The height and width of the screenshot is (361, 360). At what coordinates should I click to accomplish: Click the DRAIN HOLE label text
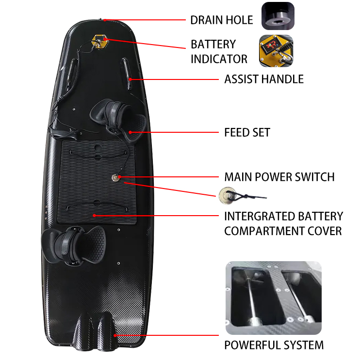pyautogui.click(x=222, y=20)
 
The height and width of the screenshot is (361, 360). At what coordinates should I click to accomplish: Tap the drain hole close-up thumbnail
pyautogui.click(x=278, y=16)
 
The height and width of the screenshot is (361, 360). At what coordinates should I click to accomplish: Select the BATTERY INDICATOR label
pyautogui.click(x=219, y=51)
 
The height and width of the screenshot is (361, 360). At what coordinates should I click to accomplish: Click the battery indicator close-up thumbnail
pyautogui.click(x=276, y=51)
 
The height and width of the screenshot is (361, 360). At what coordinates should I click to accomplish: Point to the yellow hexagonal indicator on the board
pyautogui.click(x=100, y=42)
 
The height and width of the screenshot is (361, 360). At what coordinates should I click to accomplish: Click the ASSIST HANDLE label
pyautogui.click(x=264, y=79)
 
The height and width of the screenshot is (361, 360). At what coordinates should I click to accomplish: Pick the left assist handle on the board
pyautogui.click(x=71, y=74)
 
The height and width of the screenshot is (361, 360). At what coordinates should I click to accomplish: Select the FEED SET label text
pyautogui.click(x=247, y=133)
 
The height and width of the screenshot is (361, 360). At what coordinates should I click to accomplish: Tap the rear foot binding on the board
pyautogui.click(x=74, y=245)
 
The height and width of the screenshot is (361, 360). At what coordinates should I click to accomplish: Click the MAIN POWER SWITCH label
pyautogui.click(x=279, y=177)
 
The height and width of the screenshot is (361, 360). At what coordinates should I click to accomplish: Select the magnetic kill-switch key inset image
pyautogui.click(x=243, y=196)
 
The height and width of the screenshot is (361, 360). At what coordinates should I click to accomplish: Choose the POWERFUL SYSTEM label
pyautogui.click(x=274, y=345)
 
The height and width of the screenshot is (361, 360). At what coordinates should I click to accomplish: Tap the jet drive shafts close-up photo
pyautogui.click(x=273, y=298)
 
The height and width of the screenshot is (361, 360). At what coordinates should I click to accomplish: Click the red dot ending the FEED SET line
pyautogui.click(x=130, y=132)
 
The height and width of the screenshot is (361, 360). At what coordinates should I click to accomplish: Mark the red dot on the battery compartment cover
pyautogui.click(x=94, y=216)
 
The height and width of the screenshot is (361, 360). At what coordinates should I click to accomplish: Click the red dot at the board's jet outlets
pyautogui.click(x=115, y=335)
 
